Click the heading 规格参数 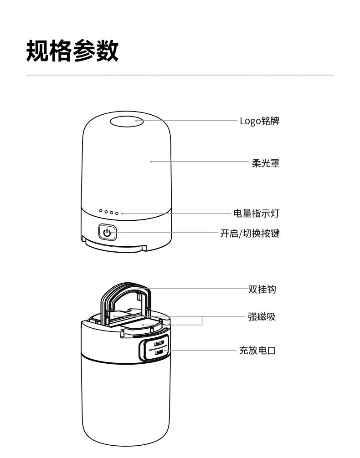pos(72,51)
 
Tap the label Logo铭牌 pos(259,121)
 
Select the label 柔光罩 pos(266,163)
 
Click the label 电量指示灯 pos(257,213)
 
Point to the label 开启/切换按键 pos(250,234)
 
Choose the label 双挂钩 pos(262,289)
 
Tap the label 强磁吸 pos(262,317)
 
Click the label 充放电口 pos(258,351)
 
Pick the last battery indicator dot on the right pos(117,213)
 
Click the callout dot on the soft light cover pos(151,161)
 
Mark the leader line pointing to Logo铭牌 pos(196,121)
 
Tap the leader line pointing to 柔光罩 pos(201,162)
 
